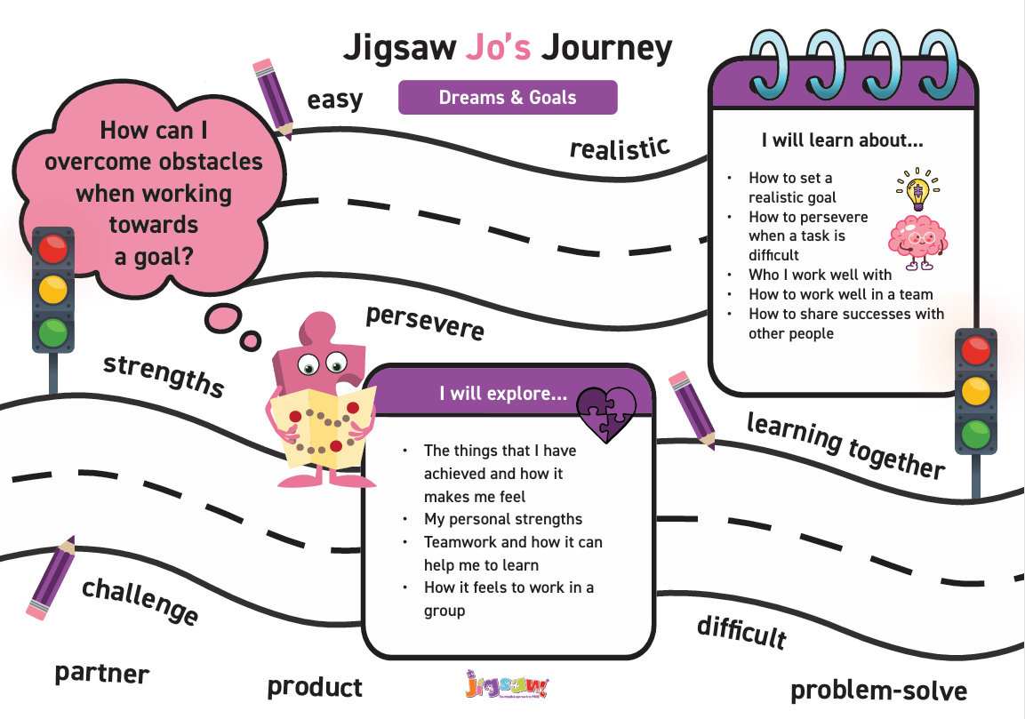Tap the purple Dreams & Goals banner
pyautogui.click(x=508, y=98)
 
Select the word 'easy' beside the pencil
pyautogui.click(x=335, y=100)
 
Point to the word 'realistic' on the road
pyautogui.click(x=620, y=148)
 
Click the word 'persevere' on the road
pyautogui.click(x=426, y=323)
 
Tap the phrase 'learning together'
pyautogui.click(x=845, y=443)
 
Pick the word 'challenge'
pyautogui.click(x=140, y=601)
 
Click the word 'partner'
pyautogui.click(x=102, y=673)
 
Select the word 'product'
pyautogui.click(x=315, y=687)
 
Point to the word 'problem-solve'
pyautogui.click(x=878, y=690)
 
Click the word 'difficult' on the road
pyautogui.click(x=741, y=632)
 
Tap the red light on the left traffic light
pyautogui.click(x=53, y=249)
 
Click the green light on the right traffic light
pyautogui.click(x=975, y=435)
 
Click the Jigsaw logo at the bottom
pyautogui.click(x=507, y=688)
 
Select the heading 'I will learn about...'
pyautogui.click(x=842, y=140)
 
